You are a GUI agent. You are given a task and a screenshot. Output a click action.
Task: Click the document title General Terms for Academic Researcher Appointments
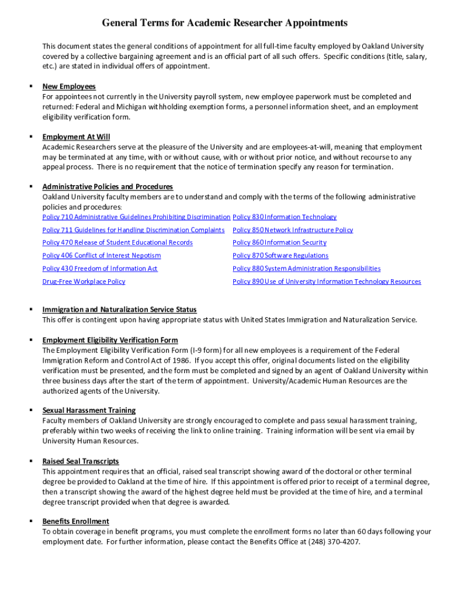225,23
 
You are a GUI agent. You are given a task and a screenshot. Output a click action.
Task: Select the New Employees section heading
69,86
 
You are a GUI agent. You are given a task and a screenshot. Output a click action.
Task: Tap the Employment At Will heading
76,137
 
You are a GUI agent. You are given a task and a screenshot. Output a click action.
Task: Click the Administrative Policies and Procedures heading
108,187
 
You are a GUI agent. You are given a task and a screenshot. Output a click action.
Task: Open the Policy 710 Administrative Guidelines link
136,217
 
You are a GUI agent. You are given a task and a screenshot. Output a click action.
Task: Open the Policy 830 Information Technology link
285,217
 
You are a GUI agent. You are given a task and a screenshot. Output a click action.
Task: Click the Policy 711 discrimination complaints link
133,230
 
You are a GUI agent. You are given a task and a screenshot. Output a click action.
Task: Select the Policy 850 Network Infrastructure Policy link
293,230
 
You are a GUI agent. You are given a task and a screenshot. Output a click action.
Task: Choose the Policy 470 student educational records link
117,243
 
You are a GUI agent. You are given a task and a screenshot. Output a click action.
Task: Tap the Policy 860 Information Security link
279,243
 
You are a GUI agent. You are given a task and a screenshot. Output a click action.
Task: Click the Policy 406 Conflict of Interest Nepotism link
102,256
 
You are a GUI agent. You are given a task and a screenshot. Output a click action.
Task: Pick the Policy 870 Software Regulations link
281,256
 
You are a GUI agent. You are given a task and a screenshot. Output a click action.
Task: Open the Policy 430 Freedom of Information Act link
100,269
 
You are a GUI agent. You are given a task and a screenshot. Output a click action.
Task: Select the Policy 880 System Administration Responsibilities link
306,269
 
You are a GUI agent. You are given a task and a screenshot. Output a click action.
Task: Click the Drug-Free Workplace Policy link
84,281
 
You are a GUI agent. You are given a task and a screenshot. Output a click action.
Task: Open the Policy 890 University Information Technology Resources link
327,281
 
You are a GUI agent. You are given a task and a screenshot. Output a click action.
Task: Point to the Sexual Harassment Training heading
89,411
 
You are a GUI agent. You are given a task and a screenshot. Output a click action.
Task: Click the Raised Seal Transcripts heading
81,461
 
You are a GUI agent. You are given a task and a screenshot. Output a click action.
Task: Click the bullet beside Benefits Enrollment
30,520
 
